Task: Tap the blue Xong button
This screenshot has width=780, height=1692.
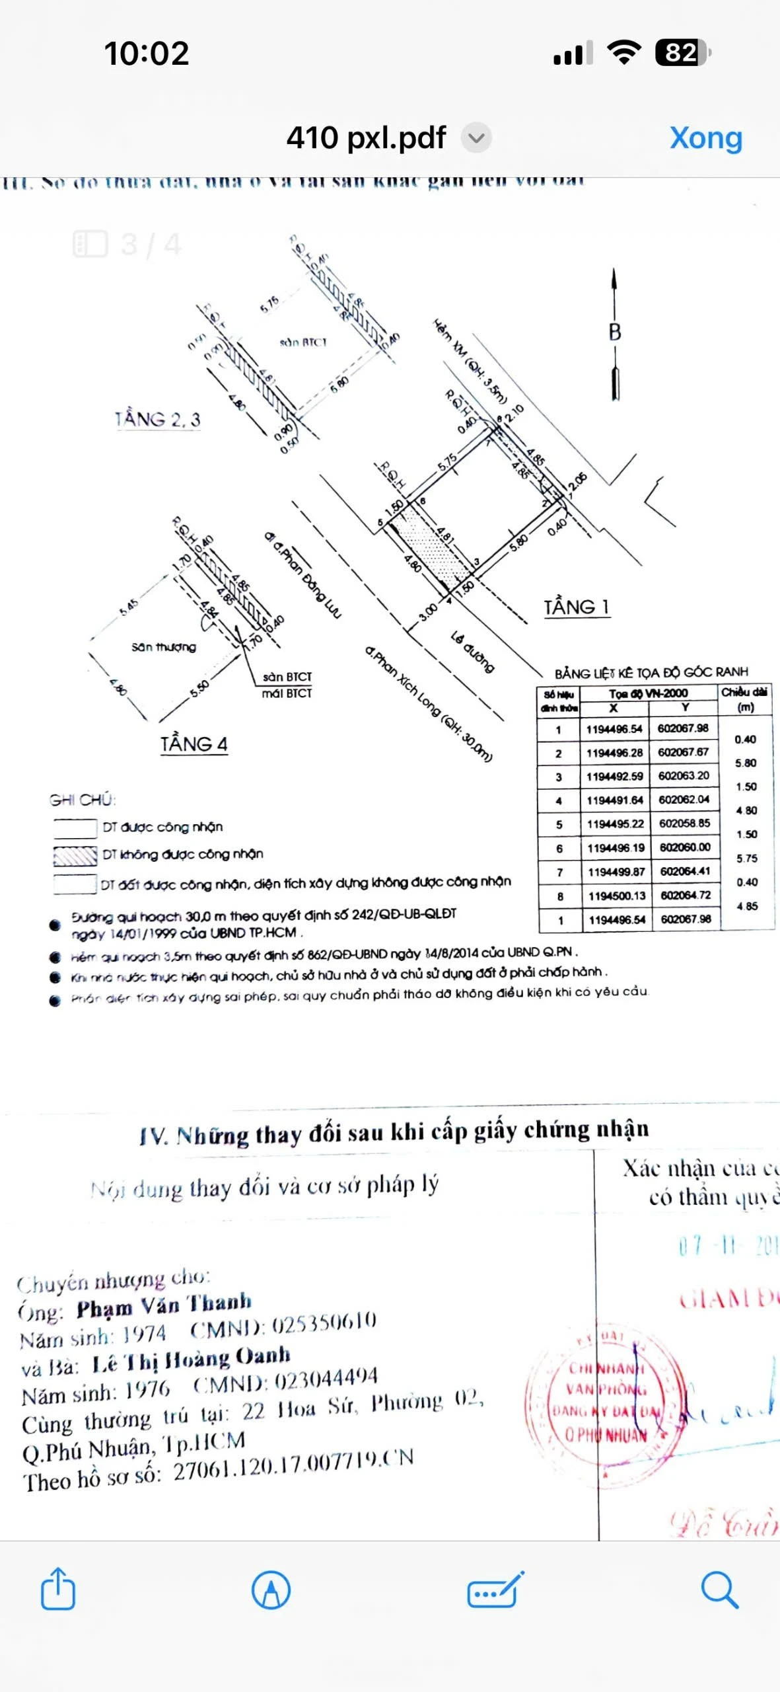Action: coord(705,138)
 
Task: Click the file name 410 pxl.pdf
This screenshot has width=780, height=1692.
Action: coord(366,138)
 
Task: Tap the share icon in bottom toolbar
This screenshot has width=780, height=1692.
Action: coord(58,1588)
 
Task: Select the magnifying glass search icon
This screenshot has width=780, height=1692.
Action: coord(719,1589)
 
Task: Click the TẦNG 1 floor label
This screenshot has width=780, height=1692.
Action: coord(576,607)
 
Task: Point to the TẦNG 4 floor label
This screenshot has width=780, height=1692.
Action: coord(194,744)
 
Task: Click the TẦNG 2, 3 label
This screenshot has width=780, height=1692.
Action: coord(157,419)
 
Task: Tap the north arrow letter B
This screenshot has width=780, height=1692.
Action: coord(615,331)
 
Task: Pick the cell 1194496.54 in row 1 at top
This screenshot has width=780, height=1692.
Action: coord(614,729)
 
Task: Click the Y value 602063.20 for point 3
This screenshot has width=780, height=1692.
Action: coord(684,776)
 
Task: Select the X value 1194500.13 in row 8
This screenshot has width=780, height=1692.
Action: coord(616,896)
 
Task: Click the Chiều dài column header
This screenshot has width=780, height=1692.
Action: coord(744,699)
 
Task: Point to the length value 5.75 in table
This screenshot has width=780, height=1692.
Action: coord(747,858)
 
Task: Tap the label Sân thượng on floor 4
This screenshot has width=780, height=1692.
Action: coord(163,647)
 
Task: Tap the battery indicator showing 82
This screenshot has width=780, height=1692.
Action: coord(682,53)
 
